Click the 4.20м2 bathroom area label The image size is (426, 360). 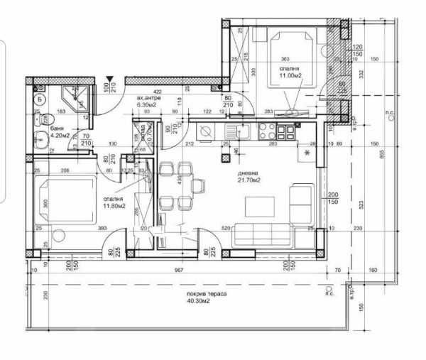[x=60, y=135]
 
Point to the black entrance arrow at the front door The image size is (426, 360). [x=109, y=80]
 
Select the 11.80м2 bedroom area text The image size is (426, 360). [x=114, y=207]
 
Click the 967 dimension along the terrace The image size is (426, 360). [x=180, y=271]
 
